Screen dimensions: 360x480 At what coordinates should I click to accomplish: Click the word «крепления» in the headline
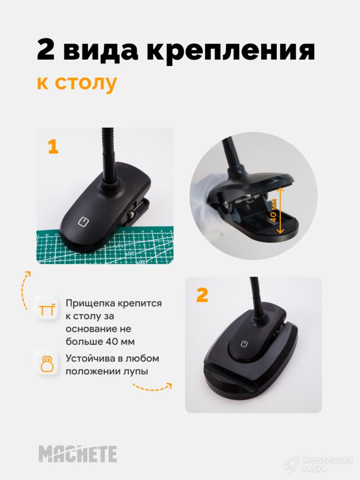tap(231, 50)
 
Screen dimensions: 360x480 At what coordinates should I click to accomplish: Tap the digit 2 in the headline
tap(46, 49)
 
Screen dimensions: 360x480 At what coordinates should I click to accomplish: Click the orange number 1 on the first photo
tap(53, 147)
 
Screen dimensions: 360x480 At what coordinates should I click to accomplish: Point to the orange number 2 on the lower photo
tap(202, 295)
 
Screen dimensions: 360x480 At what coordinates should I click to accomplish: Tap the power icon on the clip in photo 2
tap(244, 343)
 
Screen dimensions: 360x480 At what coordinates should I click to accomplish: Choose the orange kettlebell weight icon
tap(47, 364)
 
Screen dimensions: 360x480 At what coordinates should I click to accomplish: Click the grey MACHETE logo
tap(78, 453)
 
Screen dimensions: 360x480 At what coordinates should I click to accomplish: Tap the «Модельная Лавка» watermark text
tap(327, 465)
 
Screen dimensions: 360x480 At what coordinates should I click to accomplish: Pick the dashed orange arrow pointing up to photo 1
tap(25, 289)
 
